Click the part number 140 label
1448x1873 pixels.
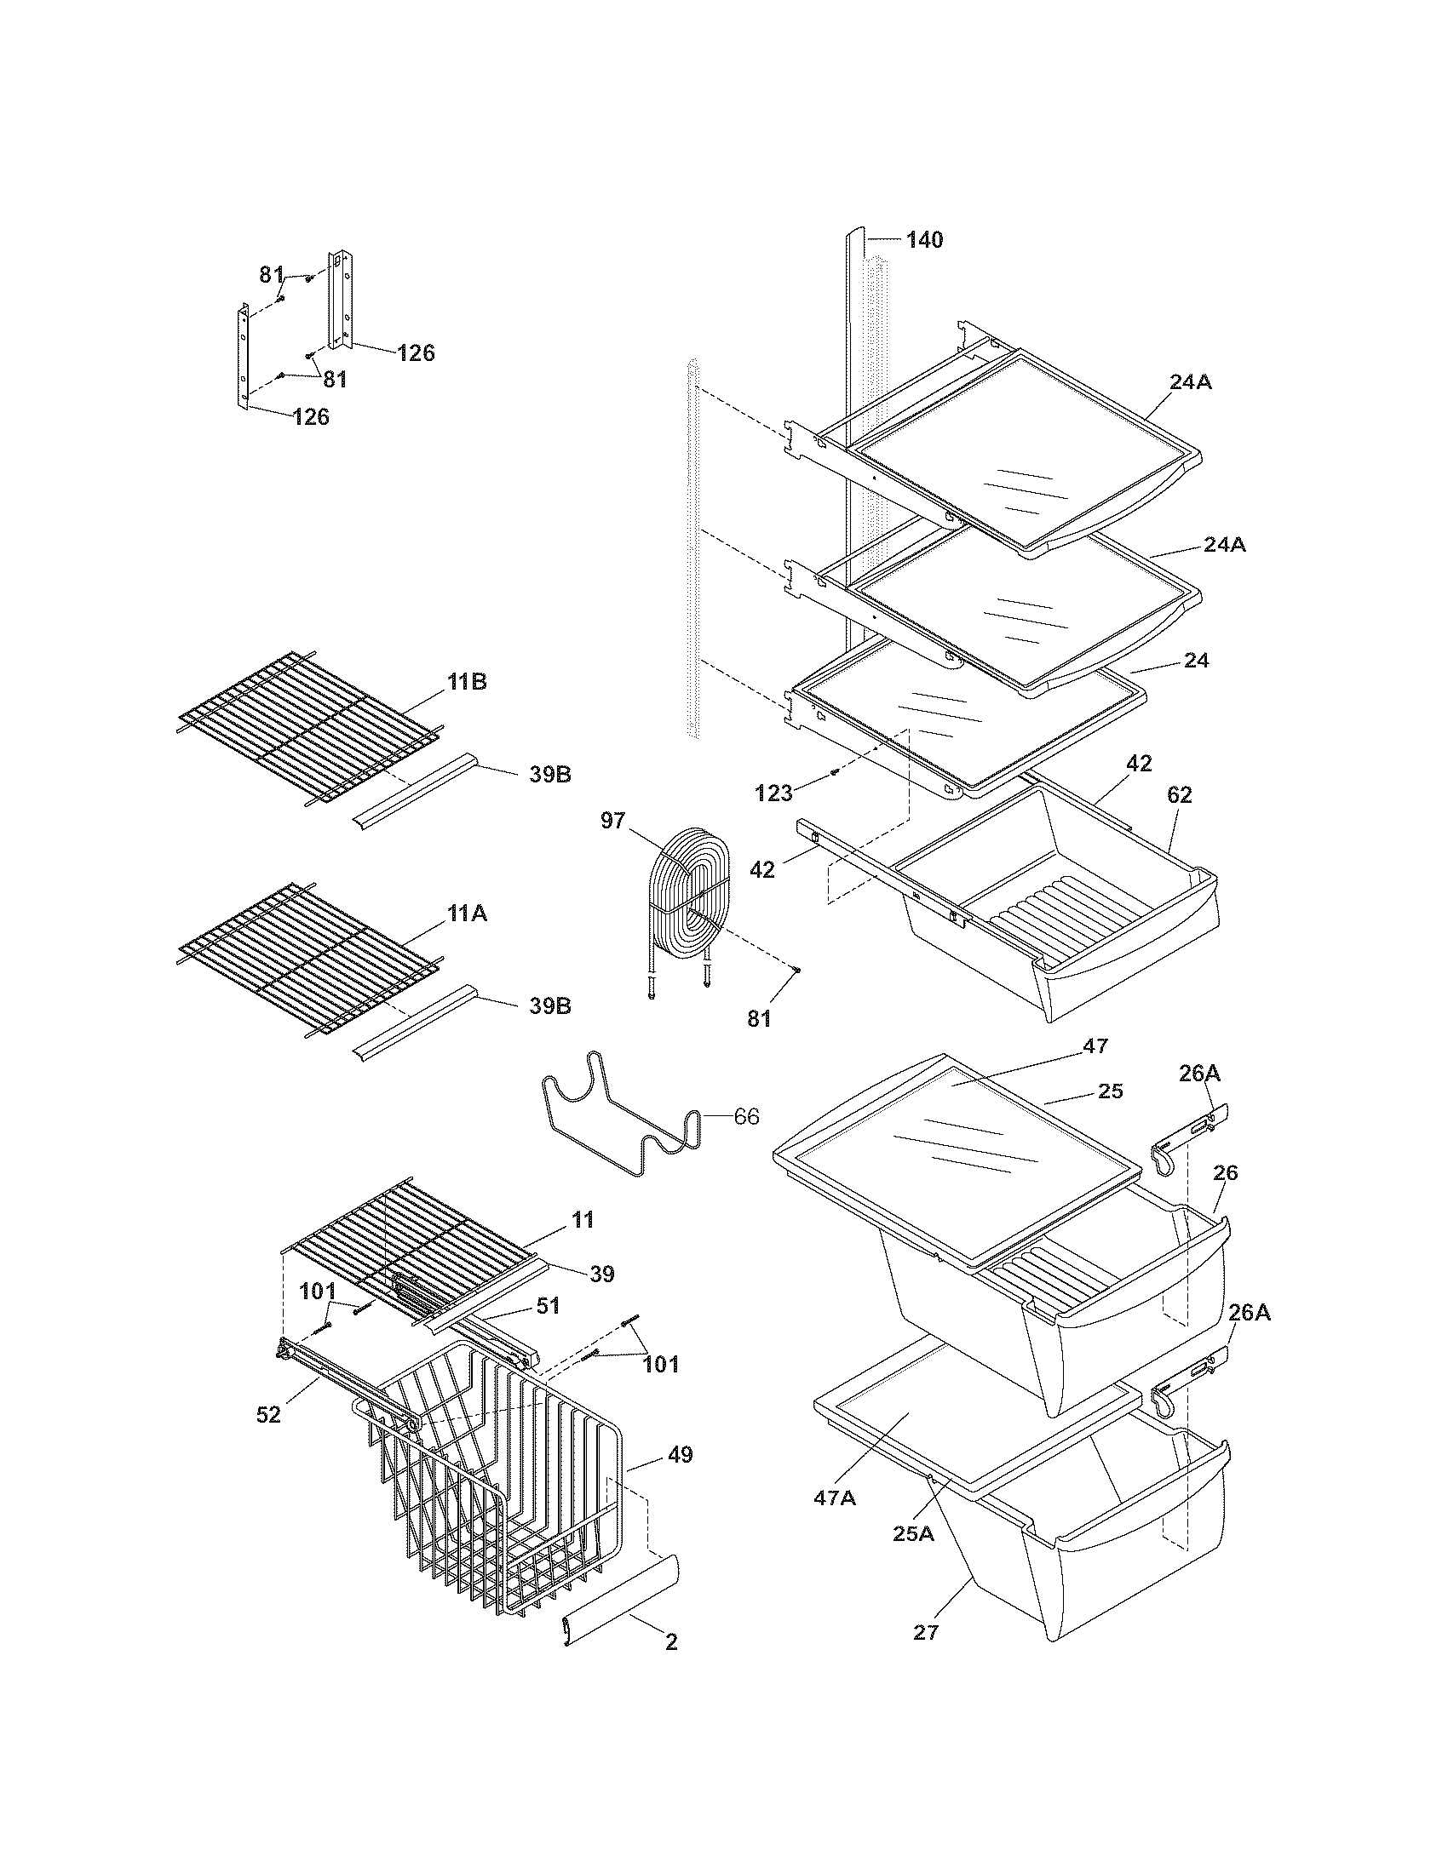pos(924,240)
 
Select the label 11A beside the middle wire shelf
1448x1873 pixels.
pos(466,914)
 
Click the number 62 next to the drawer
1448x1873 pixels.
pos(1179,795)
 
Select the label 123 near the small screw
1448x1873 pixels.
pos(773,794)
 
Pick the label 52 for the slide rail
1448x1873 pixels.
pos(268,1415)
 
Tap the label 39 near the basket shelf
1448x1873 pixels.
pos(602,1274)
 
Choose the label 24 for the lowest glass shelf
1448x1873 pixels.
pos(1196,661)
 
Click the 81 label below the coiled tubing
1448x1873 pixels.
pos(759,1019)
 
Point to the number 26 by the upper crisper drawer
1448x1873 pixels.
pos(1226,1173)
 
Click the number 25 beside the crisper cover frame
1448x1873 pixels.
pos(1110,1091)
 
